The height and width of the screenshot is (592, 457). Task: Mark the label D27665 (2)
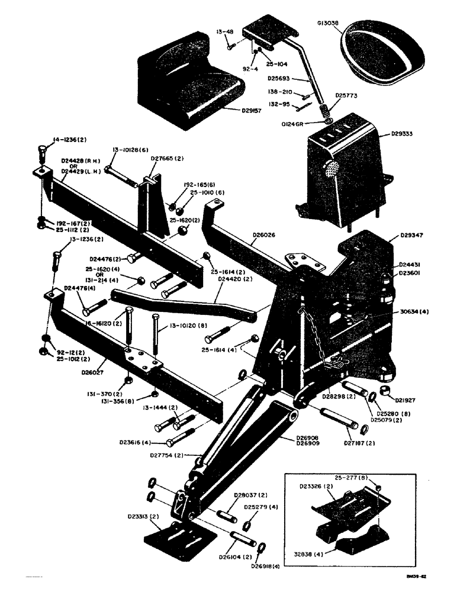(168, 159)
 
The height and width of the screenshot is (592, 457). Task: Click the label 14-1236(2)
(70, 140)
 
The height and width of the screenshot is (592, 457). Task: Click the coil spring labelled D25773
(325, 110)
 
